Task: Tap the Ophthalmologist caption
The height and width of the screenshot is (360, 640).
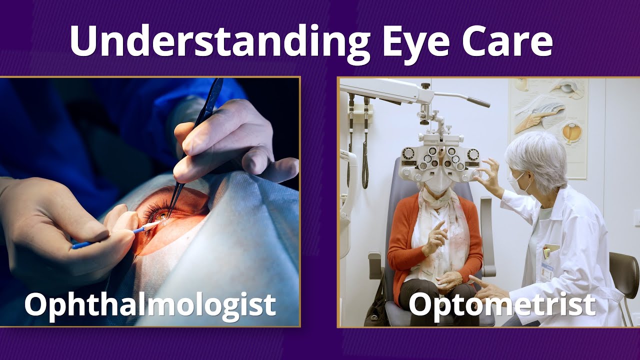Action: click(x=150, y=304)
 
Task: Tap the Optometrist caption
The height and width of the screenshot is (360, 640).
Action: click(x=502, y=304)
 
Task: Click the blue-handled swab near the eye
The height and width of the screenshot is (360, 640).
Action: click(x=110, y=237)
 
